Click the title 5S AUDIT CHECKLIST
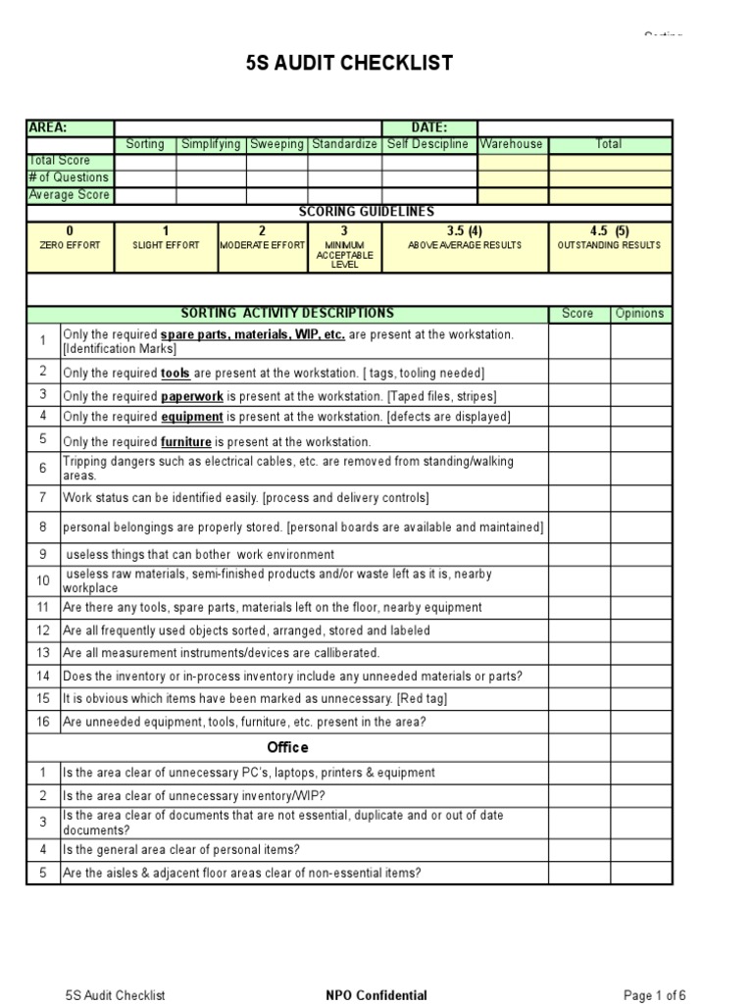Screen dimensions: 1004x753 click(349, 64)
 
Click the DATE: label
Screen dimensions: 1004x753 click(428, 127)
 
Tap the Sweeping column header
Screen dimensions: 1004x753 click(276, 144)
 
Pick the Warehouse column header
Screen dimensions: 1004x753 click(511, 144)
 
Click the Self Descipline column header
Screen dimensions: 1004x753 click(428, 144)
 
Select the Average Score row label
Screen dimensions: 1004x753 click(69, 195)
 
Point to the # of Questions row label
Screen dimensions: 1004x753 click(69, 177)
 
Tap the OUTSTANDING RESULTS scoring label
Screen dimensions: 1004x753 click(609, 245)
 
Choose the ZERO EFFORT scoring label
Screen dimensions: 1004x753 click(70, 245)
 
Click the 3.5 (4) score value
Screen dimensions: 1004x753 click(464, 231)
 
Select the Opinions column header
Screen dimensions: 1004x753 click(640, 314)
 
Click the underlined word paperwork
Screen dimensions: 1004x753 click(192, 396)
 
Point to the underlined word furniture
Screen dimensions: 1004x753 click(186, 442)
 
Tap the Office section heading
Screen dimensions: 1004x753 click(287, 747)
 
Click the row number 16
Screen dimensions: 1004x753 click(43, 723)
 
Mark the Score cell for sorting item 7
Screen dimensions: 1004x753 click(578, 498)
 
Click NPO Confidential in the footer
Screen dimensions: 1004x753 click(376, 995)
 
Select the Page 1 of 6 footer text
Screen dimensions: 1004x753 click(655, 995)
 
